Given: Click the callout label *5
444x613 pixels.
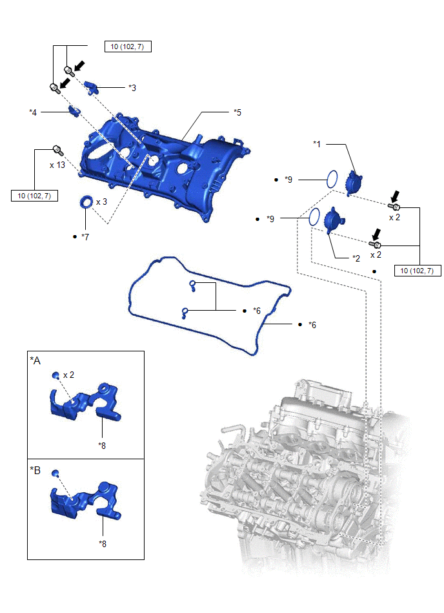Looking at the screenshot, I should [x=237, y=112].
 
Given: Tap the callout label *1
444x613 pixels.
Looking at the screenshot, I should [x=317, y=143].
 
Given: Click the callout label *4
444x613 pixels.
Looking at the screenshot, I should [x=33, y=112].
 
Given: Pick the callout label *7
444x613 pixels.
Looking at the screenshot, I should [x=85, y=236].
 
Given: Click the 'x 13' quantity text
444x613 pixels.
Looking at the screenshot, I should [x=57, y=165].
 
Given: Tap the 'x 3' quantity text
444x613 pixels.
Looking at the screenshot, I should [x=101, y=202].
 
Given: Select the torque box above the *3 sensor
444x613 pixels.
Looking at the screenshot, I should [x=127, y=47].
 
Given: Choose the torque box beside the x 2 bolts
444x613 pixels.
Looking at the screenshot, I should [x=418, y=271].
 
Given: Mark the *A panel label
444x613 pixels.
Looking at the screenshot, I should [x=35, y=360].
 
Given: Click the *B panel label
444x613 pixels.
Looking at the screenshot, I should [x=35, y=470].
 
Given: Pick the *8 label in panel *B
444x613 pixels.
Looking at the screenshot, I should [x=103, y=543].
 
